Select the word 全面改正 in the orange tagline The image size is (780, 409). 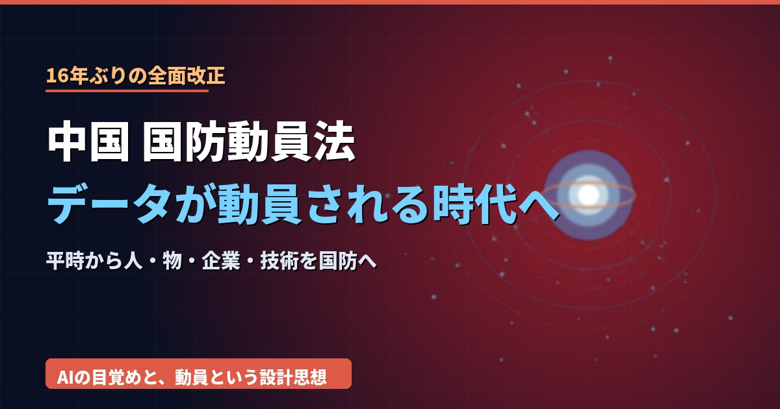point(187,76)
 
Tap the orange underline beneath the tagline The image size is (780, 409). point(127,91)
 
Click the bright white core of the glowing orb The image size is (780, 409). point(588,195)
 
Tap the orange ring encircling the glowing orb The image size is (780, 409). point(588,208)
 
